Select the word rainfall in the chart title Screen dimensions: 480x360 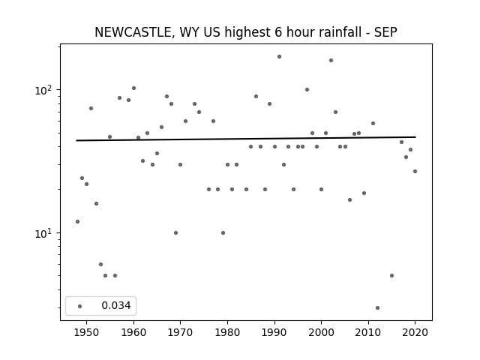(340, 32)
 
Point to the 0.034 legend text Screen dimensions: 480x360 (116, 305)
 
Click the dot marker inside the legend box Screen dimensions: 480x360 (80, 306)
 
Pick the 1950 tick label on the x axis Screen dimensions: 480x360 (87, 333)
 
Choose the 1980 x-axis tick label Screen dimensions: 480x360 (227, 333)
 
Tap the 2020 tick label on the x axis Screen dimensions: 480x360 (415, 333)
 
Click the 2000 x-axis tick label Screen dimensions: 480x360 (321, 333)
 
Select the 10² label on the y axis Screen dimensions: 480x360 (44, 90)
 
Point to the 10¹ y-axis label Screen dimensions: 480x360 (44, 233)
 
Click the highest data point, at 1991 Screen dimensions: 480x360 (279, 57)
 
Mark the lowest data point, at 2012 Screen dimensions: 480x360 (377, 307)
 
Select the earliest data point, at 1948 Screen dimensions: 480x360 (77, 222)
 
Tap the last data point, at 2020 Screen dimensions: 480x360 (415, 172)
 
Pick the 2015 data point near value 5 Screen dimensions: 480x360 (391, 275)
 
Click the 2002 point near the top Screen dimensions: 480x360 (331, 60)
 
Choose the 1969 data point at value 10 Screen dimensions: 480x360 (175, 232)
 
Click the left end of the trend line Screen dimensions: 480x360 (76, 140)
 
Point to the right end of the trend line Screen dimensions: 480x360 (415, 136)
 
